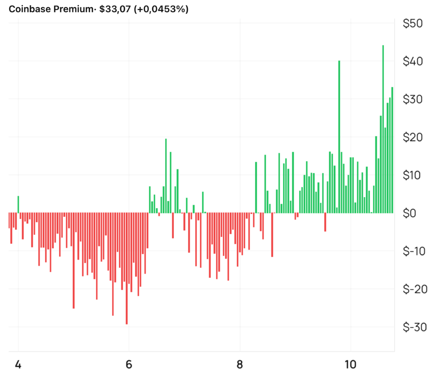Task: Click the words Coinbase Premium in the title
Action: (49, 9)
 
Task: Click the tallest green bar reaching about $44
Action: (383, 131)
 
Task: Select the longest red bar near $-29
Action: (127, 270)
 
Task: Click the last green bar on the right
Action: (392, 152)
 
